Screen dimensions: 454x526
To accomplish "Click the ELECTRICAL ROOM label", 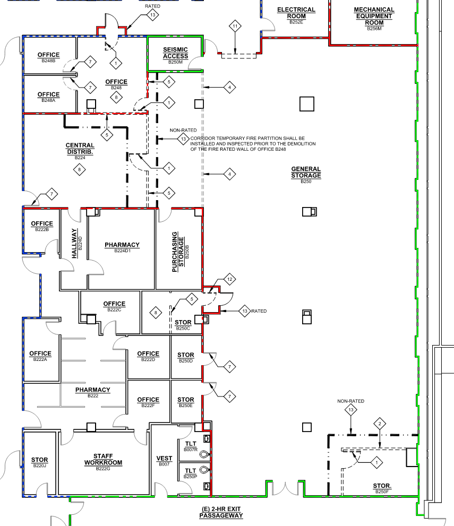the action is pos(296,15).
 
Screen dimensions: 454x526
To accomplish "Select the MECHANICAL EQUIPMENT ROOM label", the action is pos(374,19).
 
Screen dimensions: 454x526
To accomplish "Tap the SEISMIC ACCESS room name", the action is pos(175,55).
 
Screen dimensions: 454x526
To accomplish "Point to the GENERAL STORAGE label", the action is pos(306,175).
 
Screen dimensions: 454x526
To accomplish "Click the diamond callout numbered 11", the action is pos(235,26).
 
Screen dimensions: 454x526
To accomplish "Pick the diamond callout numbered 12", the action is pos(229,279).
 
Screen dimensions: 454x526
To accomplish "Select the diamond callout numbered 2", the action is pos(380,424).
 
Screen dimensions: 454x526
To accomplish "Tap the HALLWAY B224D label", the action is pos(76,244).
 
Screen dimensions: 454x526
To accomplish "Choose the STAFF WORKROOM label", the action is pos(103,462).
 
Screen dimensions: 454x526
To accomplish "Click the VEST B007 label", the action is pos(164,461).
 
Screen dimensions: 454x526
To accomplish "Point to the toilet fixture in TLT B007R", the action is pos(204,454).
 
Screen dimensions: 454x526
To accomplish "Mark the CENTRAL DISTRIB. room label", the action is pos(80,151).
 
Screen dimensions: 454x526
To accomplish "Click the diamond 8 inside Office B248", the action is pos(116,98).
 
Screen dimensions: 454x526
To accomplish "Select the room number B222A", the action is pos(40,359).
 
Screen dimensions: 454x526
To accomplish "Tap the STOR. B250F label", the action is pos(382,488).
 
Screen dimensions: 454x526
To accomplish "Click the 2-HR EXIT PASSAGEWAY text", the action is pos(221,512).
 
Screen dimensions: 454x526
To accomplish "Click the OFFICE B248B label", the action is pos(49,57).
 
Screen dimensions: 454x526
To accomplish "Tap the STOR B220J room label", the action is pos(40,462).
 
